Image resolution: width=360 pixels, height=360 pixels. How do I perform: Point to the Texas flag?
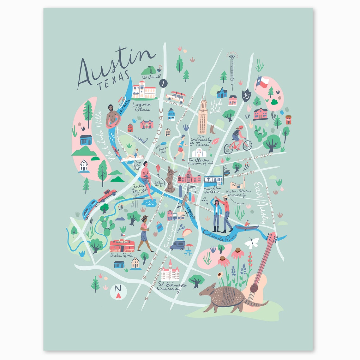[x=262, y=82]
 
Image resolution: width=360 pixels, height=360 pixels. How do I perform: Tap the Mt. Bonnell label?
[x=151, y=77]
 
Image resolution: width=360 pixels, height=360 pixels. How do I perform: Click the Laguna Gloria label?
[x=141, y=107]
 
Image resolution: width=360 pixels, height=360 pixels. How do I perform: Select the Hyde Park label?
[x=216, y=106]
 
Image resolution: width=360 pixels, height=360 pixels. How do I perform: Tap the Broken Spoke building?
[x=122, y=245]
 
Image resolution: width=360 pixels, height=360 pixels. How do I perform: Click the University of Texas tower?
[x=202, y=117]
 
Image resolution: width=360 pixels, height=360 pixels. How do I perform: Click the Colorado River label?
[x=218, y=236]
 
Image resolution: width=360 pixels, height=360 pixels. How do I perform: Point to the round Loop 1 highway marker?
[x=163, y=84]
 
